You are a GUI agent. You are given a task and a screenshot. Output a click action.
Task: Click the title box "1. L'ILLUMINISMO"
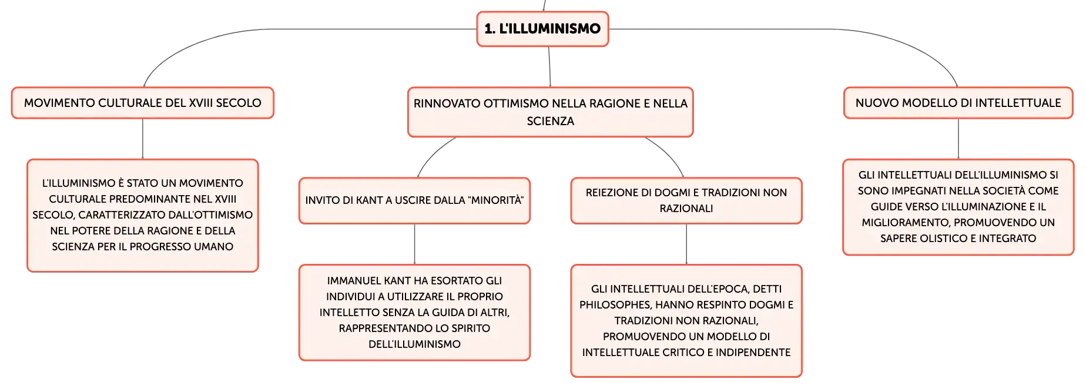tap(542, 29)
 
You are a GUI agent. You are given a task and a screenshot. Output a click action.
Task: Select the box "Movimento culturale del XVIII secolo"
tap(143, 103)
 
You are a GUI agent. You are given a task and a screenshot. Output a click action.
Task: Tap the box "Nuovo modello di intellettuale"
tap(958, 103)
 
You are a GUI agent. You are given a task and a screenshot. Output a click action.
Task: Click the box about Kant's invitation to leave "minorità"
tap(414, 200)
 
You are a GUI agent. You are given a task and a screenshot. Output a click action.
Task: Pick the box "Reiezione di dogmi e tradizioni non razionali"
tap(686, 200)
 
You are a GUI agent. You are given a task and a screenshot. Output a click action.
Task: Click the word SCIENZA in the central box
tap(551, 121)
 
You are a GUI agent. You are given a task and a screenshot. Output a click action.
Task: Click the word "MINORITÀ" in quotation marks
tap(495, 200)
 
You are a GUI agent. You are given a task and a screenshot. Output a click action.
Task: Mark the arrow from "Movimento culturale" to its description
tap(143, 139)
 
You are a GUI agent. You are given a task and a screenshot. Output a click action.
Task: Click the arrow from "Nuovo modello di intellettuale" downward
tap(958, 139)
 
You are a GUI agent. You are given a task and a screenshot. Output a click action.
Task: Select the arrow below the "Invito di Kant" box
tap(414, 244)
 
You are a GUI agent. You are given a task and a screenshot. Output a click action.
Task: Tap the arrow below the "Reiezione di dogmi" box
tap(686, 244)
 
